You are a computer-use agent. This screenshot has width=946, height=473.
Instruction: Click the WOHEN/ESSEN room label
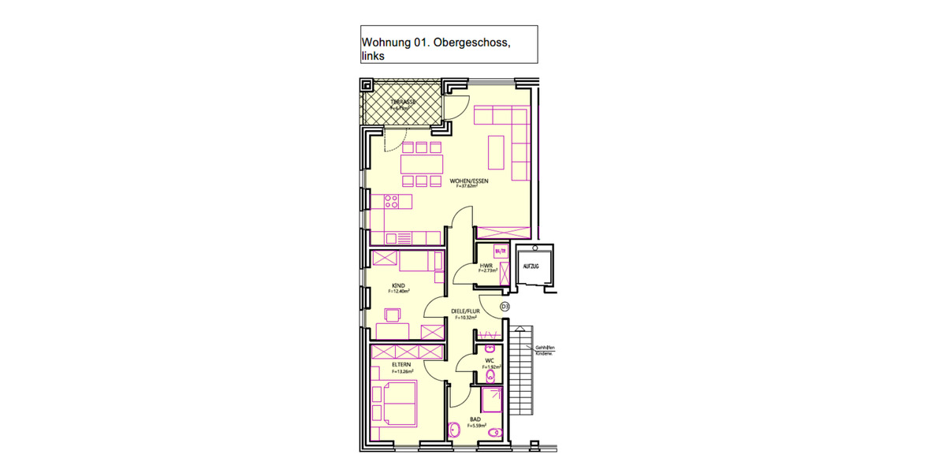[x=469, y=181]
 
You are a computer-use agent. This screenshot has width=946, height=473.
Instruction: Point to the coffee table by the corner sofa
[x=496, y=152]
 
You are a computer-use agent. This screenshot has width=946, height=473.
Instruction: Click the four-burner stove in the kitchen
[x=391, y=203]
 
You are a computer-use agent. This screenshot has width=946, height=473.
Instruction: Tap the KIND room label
[x=399, y=286]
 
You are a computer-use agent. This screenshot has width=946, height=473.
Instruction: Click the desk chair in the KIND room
[x=392, y=316]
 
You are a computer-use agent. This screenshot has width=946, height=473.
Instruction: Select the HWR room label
[x=486, y=266]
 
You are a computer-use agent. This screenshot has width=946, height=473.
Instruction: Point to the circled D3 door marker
[x=505, y=306]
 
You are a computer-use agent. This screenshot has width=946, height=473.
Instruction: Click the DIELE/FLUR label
[x=465, y=311]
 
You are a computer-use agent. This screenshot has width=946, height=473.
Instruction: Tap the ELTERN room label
[x=401, y=364]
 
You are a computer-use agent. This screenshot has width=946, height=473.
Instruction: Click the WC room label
[x=489, y=361]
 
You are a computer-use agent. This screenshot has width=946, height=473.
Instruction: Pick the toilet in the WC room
[x=492, y=376]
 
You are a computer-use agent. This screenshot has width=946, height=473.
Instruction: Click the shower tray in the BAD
[x=493, y=399]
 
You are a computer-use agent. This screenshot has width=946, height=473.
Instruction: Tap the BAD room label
[x=475, y=420]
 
